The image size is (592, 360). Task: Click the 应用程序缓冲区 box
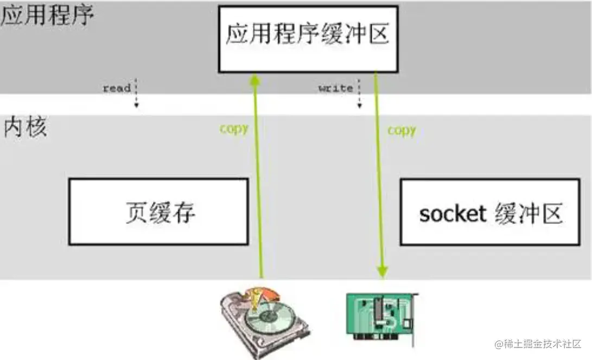308,38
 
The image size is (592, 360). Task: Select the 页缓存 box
158,211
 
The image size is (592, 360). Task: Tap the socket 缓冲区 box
489,212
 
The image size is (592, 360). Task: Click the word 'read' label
117,88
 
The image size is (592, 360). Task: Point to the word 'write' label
335,88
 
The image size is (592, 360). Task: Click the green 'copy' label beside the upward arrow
234,129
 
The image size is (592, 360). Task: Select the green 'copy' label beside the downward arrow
402,130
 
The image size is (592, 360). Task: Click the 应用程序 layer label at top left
47,16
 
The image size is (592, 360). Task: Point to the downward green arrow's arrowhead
383,271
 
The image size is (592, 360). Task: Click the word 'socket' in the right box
452,214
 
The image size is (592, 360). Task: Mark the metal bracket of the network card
416,314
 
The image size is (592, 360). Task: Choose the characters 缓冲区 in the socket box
529,214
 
